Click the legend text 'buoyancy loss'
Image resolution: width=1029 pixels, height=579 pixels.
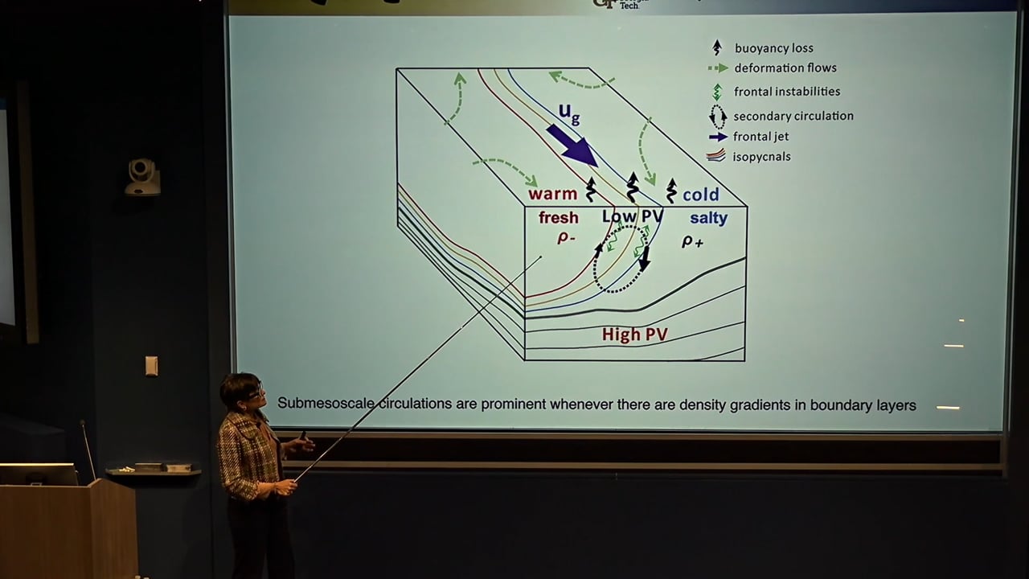(x=773, y=48)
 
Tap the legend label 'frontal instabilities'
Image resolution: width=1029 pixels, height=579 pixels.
(x=787, y=92)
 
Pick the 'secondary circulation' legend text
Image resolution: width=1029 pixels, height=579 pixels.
(x=793, y=116)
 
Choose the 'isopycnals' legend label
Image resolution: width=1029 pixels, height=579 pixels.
(x=761, y=156)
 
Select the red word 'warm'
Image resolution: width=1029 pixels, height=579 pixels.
(x=553, y=194)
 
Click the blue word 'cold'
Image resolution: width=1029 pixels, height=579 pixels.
(x=700, y=195)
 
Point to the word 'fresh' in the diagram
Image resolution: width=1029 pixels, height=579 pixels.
(x=558, y=218)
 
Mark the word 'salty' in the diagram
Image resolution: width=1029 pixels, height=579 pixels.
(x=708, y=218)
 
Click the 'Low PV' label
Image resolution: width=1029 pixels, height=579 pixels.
(x=632, y=216)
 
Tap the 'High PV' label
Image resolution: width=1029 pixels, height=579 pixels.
(x=634, y=334)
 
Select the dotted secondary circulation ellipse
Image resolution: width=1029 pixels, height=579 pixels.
(x=620, y=259)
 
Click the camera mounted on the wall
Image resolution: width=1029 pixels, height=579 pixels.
(x=142, y=176)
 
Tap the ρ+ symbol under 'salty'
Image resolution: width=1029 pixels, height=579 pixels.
(x=692, y=240)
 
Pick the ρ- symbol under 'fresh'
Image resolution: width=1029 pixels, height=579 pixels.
(x=566, y=237)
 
